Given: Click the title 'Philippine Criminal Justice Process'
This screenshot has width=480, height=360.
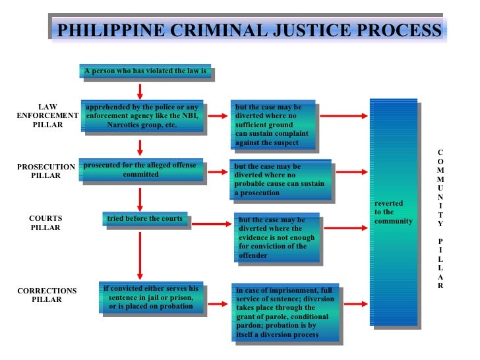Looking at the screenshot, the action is coord(249,31).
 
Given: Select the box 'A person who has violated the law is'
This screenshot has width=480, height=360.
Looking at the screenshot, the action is coord(146,71).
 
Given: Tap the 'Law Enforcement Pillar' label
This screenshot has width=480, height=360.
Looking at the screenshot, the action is coord(47,115).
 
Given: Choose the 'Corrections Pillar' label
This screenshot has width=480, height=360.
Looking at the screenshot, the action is coord(47,295).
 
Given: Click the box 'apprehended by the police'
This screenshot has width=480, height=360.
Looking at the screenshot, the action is coord(142,116).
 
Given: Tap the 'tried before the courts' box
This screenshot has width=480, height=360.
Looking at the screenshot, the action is coord(145,218).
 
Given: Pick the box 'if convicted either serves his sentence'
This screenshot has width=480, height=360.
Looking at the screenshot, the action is coord(151,297).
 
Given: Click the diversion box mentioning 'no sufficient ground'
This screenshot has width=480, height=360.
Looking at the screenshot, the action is coord(273,125).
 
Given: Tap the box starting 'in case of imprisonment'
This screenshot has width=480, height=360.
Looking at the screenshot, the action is coord(285,312).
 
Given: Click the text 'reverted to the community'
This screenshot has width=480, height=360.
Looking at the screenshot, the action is coord(394,212).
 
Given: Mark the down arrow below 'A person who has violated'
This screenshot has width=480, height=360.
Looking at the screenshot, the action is coord(140,90).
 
